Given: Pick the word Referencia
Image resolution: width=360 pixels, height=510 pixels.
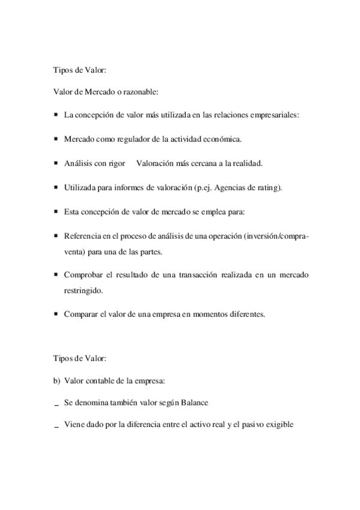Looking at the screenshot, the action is pos(82,236).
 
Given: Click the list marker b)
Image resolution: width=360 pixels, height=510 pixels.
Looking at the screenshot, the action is pos(56,380).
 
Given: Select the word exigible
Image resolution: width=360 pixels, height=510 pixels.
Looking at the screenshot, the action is pos(277,425).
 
